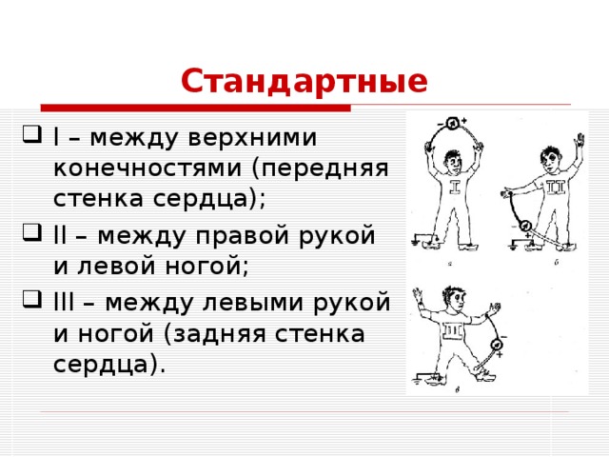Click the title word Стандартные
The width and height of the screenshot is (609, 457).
pyautogui.click(x=304, y=82)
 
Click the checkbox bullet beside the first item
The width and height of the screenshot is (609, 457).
pyautogui.click(x=27, y=139)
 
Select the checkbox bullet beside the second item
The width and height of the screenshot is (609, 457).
pyautogui.click(x=27, y=236)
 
